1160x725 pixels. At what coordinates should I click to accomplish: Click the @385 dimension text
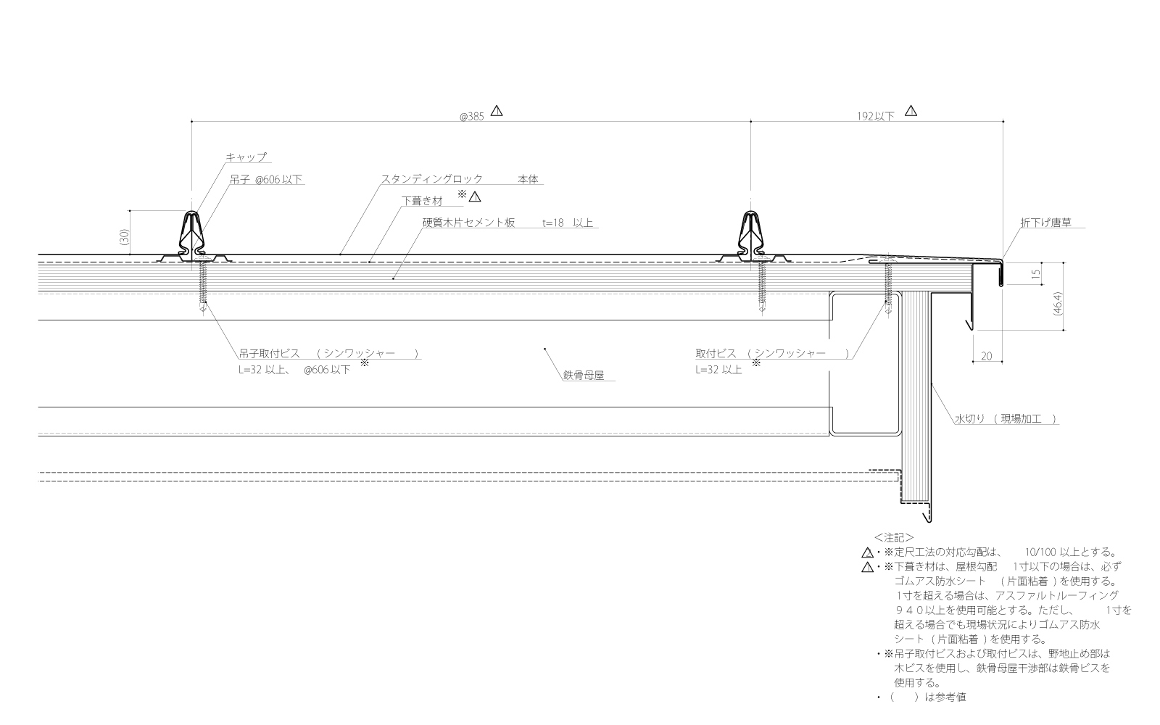[471, 116]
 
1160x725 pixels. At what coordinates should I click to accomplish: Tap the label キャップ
[246, 157]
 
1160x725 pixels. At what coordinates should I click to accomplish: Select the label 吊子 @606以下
[265, 180]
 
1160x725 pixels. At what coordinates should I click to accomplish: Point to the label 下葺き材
[422, 202]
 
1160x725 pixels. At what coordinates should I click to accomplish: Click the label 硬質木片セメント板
[468, 223]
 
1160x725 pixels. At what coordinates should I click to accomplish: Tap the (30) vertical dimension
[125, 236]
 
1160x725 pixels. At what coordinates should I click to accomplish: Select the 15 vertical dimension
[1035, 275]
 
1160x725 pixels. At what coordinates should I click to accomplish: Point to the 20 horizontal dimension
[986, 356]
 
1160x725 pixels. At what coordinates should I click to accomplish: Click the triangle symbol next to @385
[497, 112]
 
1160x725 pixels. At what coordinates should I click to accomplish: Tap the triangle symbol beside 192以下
[911, 112]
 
